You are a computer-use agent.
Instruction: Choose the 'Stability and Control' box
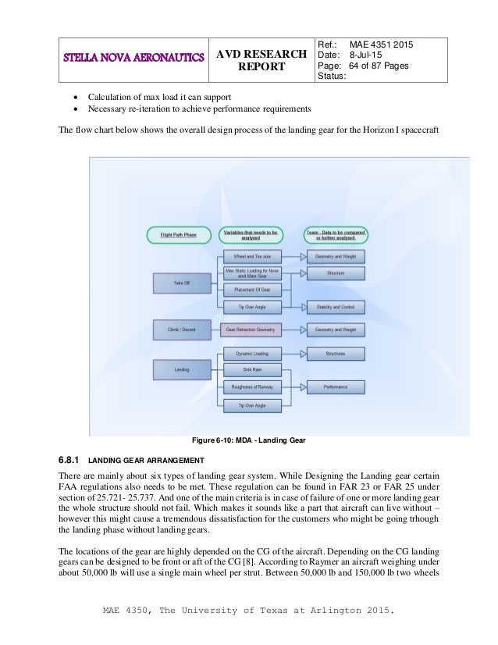click(336, 307)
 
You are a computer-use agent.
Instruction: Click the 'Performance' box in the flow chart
click(336, 387)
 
